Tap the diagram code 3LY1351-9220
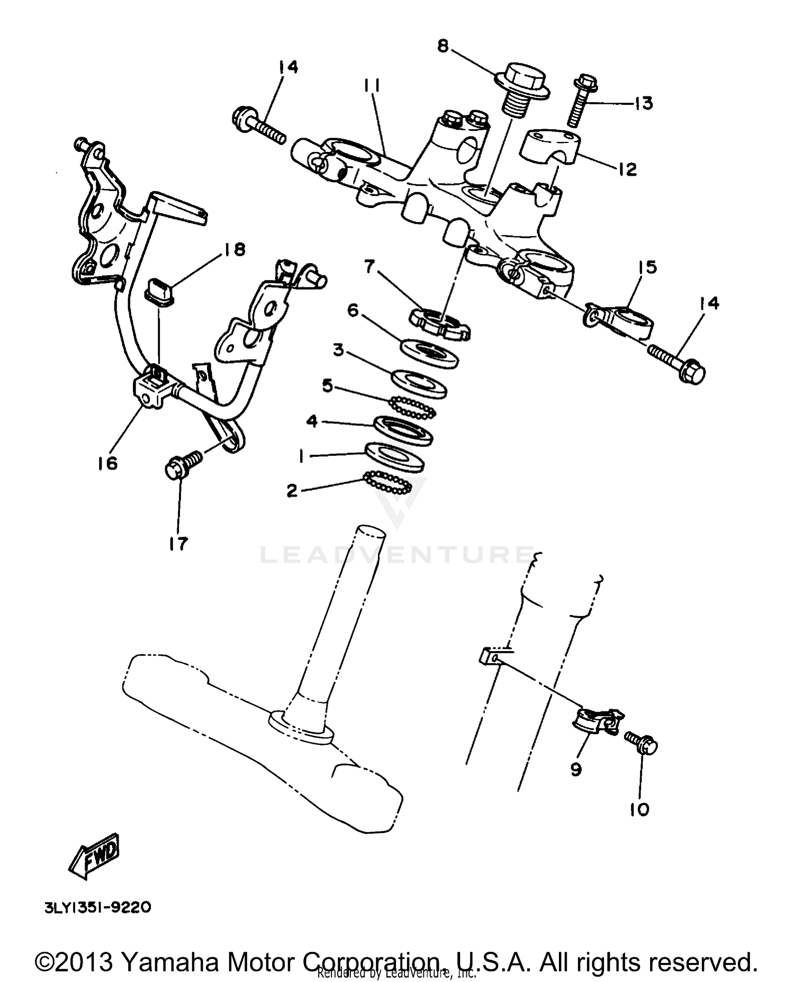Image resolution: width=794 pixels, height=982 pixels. coord(98,907)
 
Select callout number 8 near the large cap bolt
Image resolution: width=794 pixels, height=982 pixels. coord(443,47)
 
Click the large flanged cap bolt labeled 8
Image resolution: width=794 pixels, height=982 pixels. coord(522,87)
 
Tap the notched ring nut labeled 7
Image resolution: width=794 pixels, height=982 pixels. coord(440,323)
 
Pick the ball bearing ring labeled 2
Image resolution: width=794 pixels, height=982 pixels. coord(387,482)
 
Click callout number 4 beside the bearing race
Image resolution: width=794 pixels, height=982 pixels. coord(312,422)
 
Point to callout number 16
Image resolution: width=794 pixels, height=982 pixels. coord(107,463)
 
